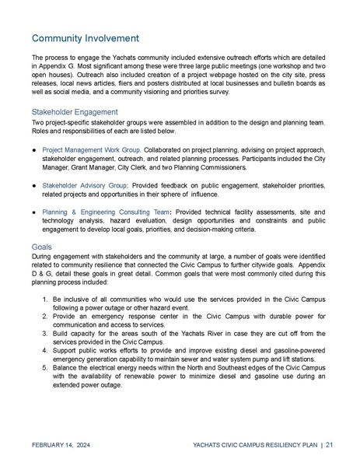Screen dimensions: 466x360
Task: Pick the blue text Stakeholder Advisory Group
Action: click(85, 186)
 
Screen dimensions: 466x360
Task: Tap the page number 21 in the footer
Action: click(330, 445)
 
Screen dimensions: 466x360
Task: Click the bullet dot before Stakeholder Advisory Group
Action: click(35, 186)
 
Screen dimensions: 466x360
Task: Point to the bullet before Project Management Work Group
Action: click(35, 148)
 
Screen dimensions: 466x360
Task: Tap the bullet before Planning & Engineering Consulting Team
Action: click(35, 212)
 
